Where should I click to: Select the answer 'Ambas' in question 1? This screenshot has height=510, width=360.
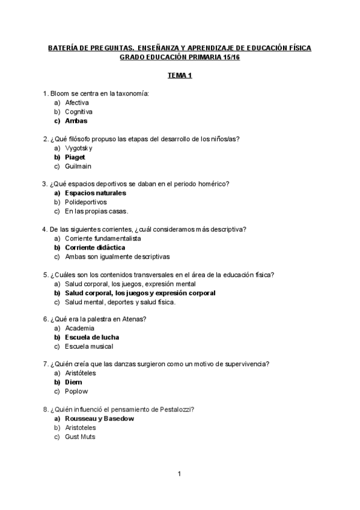pyautogui.click(x=76, y=121)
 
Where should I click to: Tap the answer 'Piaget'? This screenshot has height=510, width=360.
pyautogui.click(x=75, y=157)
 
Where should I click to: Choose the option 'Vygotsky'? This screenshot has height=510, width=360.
pyautogui.click(x=79, y=148)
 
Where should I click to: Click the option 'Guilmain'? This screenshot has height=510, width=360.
pyautogui.click(x=78, y=166)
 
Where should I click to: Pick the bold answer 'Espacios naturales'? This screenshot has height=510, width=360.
pyautogui.click(x=95, y=193)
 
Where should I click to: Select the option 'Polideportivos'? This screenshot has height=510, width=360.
pyautogui.click(x=86, y=202)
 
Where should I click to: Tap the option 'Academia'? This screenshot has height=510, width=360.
pyautogui.click(x=80, y=328)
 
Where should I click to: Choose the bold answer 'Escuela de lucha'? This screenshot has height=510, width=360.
pyautogui.click(x=92, y=337)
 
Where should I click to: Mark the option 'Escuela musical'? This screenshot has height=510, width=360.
pyautogui.click(x=89, y=346)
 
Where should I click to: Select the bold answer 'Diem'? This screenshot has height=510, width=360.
pyautogui.click(x=73, y=382)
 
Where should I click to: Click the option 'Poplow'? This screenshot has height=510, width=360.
pyautogui.click(x=76, y=391)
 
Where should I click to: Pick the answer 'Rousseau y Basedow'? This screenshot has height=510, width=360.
pyautogui.click(x=99, y=418)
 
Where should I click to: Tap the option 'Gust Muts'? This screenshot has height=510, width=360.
pyautogui.click(x=80, y=437)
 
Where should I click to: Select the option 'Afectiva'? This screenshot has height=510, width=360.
pyautogui.click(x=78, y=103)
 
